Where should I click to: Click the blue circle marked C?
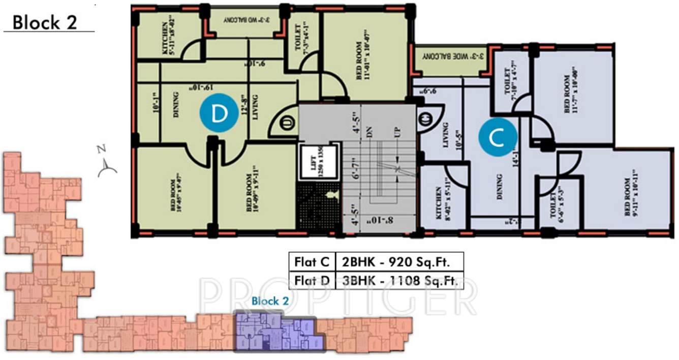point(498,137)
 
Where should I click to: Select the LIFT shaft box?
point(319,162)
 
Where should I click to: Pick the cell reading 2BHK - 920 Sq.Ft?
point(399,262)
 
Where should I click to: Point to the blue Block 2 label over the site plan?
point(270,301)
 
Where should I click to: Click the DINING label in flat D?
point(176,104)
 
